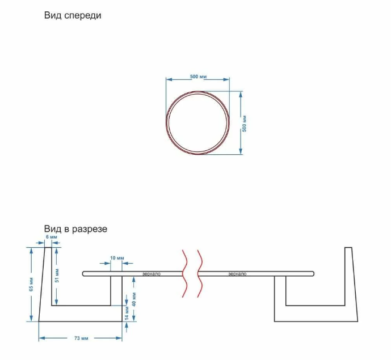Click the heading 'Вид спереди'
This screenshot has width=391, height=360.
[x=73, y=15]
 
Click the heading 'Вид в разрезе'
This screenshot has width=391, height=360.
[x=75, y=228]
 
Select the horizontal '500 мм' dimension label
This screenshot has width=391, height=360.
[x=198, y=77]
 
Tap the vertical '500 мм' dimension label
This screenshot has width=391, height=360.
[x=244, y=124]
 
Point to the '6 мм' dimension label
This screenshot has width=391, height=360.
[x=52, y=237]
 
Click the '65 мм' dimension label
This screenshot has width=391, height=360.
[x=31, y=284]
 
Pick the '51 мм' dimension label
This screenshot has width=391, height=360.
[x=57, y=276]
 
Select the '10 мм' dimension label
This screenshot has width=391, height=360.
[x=117, y=258]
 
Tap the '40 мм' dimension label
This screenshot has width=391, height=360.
[x=134, y=299]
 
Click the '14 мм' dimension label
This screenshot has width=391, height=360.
[x=127, y=314]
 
